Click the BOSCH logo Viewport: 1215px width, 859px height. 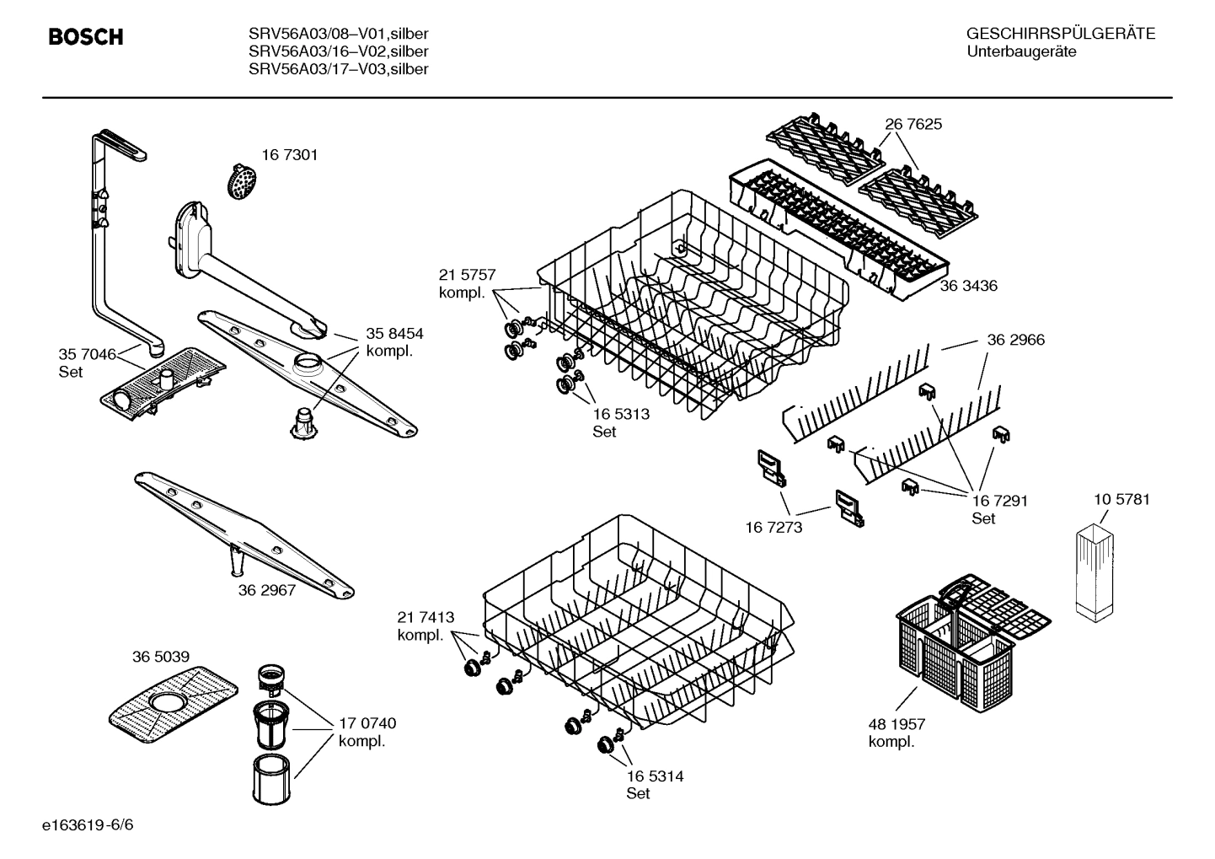(x=86, y=37)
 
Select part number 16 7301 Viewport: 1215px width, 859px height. (x=289, y=155)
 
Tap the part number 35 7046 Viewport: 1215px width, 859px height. (x=87, y=354)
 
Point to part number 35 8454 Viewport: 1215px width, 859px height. (x=394, y=333)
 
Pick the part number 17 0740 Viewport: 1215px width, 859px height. (x=367, y=723)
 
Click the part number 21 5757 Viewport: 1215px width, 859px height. (x=467, y=275)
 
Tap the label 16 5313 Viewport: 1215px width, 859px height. (x=621, y=414)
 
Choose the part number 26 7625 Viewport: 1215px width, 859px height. (x=913, y=124)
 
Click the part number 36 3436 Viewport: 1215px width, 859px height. (x=968, y=286)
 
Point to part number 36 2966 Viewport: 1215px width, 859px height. (x=1015, y=340)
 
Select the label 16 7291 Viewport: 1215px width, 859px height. (x=999, y=501)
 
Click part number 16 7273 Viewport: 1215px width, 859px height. (x=773, y=528)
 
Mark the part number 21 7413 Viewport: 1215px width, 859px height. (x=426, y=617)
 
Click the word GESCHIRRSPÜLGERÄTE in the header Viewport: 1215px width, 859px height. (x=1060, y=35)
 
